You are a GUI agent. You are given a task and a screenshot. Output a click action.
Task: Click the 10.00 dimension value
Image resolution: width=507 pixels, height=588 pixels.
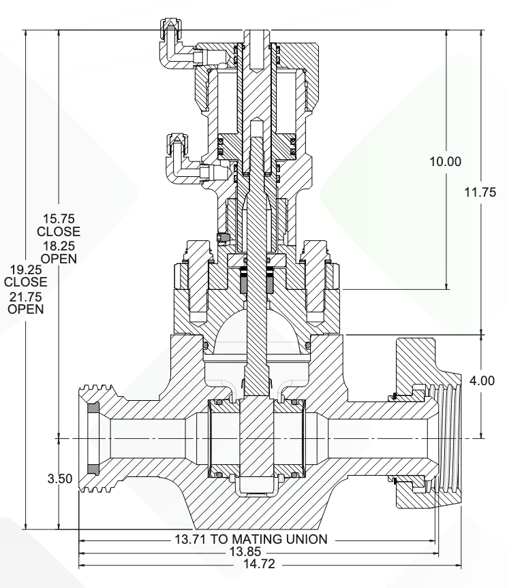[x=446, y=161]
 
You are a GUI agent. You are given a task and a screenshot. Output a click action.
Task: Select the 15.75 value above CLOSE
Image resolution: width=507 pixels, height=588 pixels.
[x=58, y=219]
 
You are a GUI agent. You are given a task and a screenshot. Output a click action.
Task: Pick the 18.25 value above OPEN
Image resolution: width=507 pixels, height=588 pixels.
[x=58, y=246]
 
